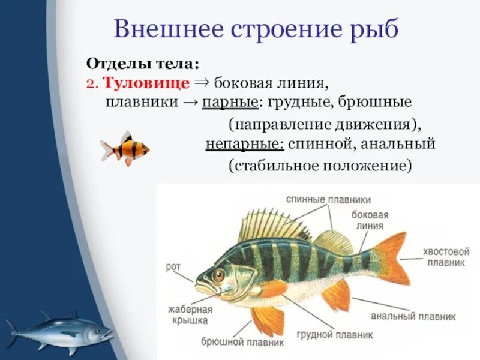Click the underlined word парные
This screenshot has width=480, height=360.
tap(230, 101)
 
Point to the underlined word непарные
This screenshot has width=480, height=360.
tap(244, 145)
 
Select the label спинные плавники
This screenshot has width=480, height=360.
tap(328, 199)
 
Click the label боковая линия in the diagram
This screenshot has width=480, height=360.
tap(370, 220)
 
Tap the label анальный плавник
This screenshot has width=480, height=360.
tap(413, 316)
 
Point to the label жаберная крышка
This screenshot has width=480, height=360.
tap(191, 315)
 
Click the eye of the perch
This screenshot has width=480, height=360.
tap(218, 275)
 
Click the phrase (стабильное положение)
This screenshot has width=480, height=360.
tap(320, 164)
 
